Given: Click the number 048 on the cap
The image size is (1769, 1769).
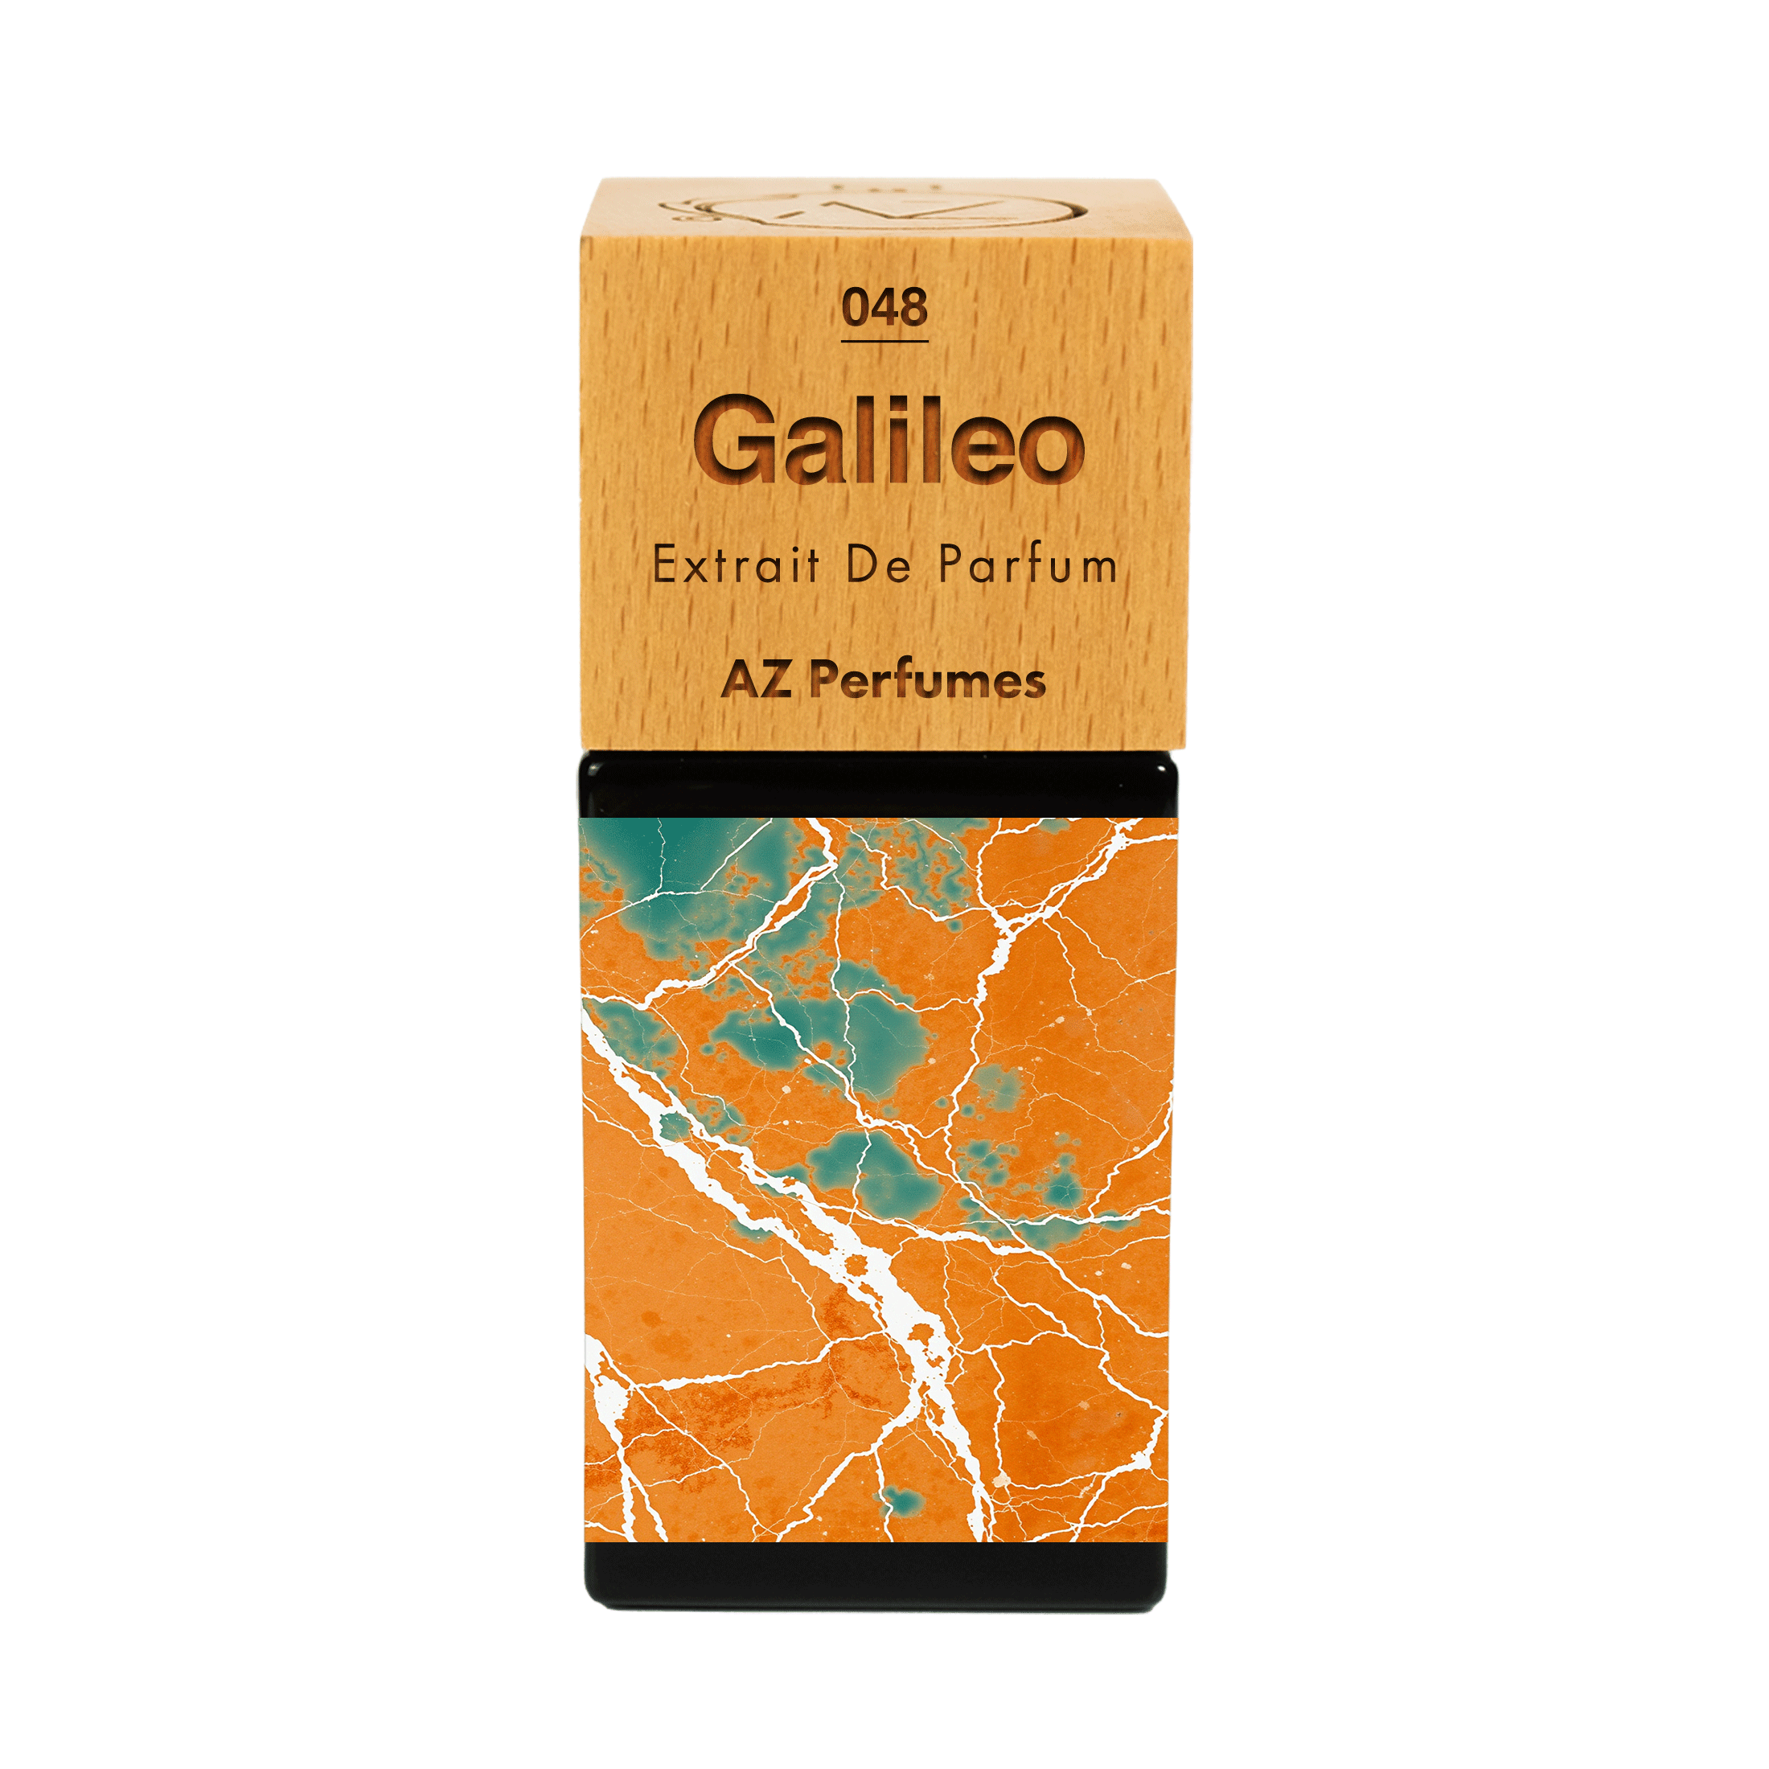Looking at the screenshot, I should coord(884,308).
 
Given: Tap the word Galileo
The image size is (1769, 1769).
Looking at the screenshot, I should coord(889,443).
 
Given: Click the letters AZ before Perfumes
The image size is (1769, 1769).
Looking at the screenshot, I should coord(757,680).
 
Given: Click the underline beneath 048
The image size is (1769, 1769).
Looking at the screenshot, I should coord(884,342).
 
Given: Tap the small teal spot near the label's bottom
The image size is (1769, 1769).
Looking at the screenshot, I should coord(898,1500).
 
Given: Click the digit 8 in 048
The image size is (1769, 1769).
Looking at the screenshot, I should coord(912,308).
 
